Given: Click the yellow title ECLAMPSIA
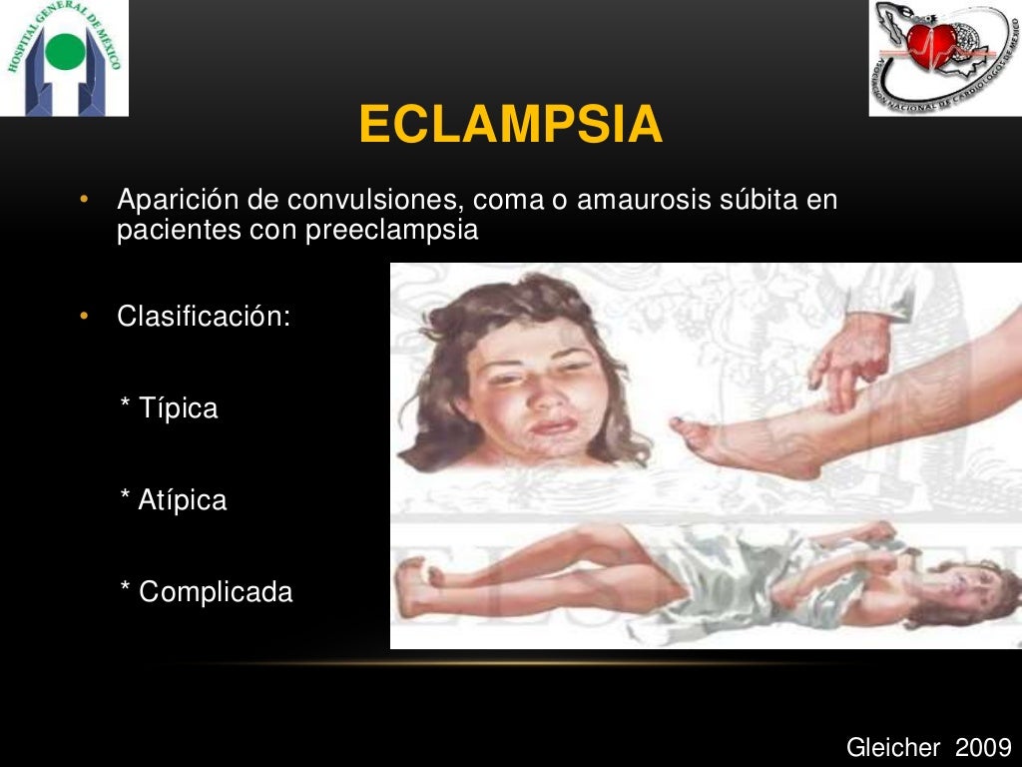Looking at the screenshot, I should (x=510, y=126).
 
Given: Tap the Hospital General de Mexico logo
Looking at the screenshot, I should (x=65, y=58).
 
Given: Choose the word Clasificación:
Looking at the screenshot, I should (x=204, y=318).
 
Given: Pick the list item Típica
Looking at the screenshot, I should (x=178, y=408).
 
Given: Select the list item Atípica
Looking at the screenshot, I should (x=183, y=500).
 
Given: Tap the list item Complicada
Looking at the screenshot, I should (x=216, y=592).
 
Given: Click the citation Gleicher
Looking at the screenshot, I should (x=894, y=747).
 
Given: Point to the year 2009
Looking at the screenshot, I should (x=984, y=747).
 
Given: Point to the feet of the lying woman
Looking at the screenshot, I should (x=419, y=584).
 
